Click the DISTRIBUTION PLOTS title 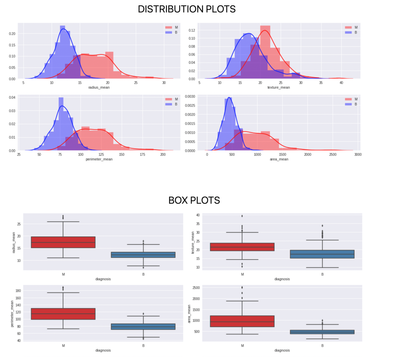186,9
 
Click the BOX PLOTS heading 194,200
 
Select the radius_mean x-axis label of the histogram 99,88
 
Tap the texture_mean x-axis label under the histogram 278,88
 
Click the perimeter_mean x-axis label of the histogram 99,159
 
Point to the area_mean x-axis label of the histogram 279,159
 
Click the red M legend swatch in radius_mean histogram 169,28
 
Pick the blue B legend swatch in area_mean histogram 348,104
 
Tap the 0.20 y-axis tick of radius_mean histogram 12,34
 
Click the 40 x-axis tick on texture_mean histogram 341,83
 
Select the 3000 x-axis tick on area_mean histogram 358,155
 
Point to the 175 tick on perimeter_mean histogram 142,155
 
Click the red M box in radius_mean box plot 63,242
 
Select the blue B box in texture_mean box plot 322,254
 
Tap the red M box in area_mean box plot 242,321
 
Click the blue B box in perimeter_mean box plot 143,327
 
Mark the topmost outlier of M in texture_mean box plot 242,216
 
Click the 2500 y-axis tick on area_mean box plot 196,288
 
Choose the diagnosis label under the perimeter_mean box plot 103,350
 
